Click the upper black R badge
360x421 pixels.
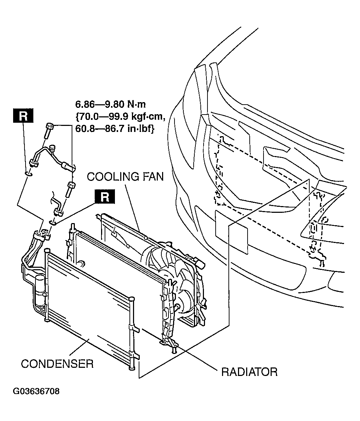point(23,116)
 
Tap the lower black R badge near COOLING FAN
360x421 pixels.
point(105,196)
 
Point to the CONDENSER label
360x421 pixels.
point(57,364)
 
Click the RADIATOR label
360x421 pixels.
point(249,372)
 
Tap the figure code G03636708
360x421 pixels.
point(36,391)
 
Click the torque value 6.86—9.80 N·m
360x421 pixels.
point(111,104)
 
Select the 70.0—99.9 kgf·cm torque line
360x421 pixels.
point(120,116)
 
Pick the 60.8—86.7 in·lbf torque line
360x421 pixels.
point(115,128)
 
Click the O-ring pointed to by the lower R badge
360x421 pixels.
point(53,222)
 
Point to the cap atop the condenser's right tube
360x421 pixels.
point(132,299)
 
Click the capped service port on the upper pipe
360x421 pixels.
point(51,148)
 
